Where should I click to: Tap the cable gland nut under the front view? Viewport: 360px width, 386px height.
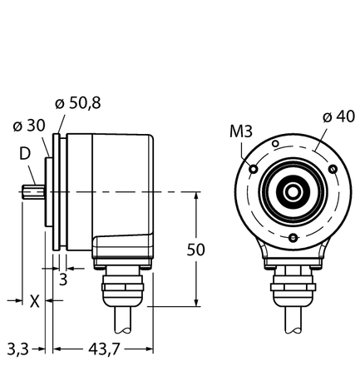coord(293,287)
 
